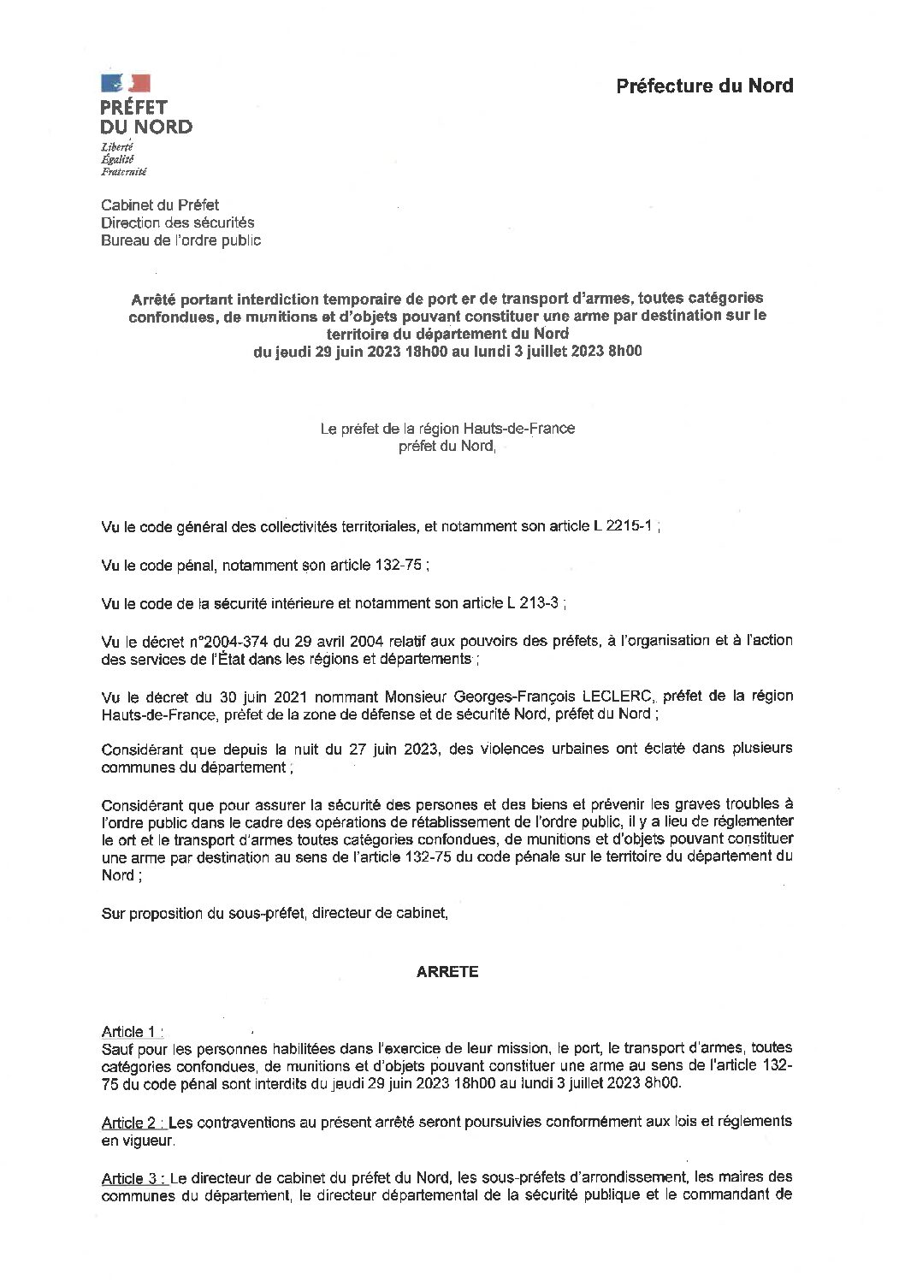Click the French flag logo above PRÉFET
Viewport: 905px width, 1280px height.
126,83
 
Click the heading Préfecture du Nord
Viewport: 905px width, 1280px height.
704,86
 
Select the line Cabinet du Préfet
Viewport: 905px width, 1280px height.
160,205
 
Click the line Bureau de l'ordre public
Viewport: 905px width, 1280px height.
180,240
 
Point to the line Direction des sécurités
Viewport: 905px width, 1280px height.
177,222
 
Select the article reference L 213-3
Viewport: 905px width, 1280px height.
529,603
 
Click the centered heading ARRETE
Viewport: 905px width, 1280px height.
447,972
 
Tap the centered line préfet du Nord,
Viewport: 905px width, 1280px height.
447,446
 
